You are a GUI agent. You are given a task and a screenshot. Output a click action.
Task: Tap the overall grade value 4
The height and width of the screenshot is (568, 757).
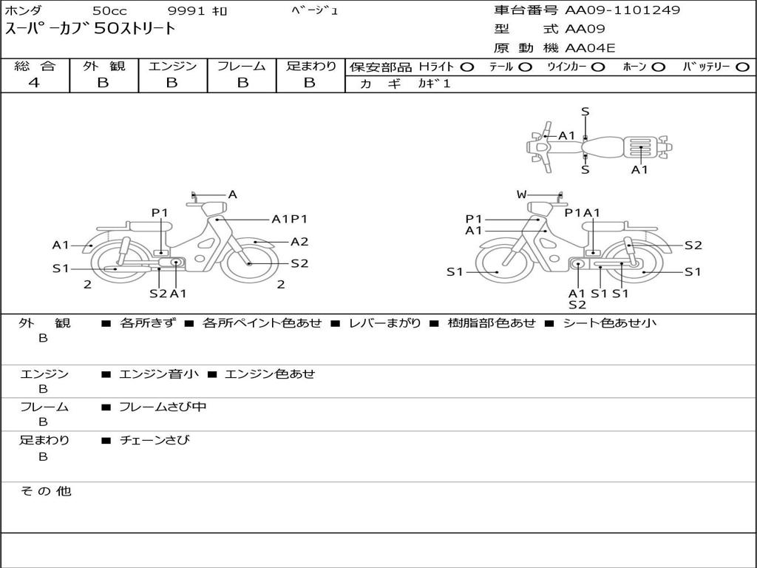(x=34, y=83)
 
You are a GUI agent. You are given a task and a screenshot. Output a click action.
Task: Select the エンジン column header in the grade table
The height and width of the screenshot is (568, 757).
(x=172, y=67)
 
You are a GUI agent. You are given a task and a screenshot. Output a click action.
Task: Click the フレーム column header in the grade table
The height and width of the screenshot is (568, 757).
(x=241, y=67)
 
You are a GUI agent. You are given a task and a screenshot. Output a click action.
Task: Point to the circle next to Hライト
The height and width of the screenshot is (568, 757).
(x=466, y=67)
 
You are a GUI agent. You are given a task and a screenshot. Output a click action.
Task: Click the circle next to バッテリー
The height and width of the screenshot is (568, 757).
(x=742, y=67)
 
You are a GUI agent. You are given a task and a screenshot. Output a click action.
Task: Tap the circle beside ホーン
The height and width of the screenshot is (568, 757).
(x=658, y=67)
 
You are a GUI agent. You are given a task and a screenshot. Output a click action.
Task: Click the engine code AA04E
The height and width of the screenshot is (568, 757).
(x=590, y=49)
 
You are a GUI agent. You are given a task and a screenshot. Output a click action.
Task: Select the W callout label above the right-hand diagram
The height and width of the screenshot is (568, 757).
(x=522, y=195)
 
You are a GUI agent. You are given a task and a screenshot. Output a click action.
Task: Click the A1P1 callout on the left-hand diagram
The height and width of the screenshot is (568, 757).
(x=289, y=219)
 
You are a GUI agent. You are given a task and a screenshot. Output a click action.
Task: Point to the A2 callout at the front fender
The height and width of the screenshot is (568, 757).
(x=299, y=242)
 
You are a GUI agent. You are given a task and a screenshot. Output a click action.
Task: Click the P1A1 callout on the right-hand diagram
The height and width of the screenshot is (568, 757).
(x=583, y=213)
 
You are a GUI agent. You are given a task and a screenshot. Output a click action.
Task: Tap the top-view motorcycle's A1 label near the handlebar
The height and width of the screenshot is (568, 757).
(x=567, y=135)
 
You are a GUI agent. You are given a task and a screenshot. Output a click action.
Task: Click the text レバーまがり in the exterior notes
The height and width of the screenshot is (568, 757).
(x=384, y=323)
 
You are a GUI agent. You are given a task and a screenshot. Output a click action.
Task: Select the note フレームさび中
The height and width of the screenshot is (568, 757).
(x=163, y=407)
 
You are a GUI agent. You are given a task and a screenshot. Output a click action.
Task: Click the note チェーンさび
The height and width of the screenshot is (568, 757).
(x=155, y=440)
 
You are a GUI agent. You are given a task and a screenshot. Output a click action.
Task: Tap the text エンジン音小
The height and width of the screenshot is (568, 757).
(x=158, y=373)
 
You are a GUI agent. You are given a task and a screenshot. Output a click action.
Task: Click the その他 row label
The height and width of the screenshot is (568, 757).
(x=45, y=491)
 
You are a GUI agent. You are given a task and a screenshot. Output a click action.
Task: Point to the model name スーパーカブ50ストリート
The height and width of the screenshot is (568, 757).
(x=91, y=30)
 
